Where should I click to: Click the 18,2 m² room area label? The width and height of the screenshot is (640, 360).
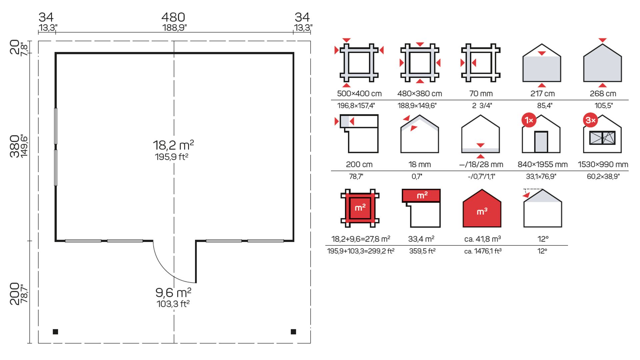tap(173, 145)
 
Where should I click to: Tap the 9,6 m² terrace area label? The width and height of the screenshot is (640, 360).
tap(173, 293)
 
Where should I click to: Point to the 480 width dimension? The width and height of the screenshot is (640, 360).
tap(173, 17)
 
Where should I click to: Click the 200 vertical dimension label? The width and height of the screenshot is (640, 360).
tap(14, 294)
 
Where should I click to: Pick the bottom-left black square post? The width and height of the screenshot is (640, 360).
tap(55, 332)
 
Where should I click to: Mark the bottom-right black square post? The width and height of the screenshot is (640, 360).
tap(293, 332)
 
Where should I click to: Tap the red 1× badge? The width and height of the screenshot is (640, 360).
tap(529, 120)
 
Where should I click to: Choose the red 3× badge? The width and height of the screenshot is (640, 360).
tap(590, 120)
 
